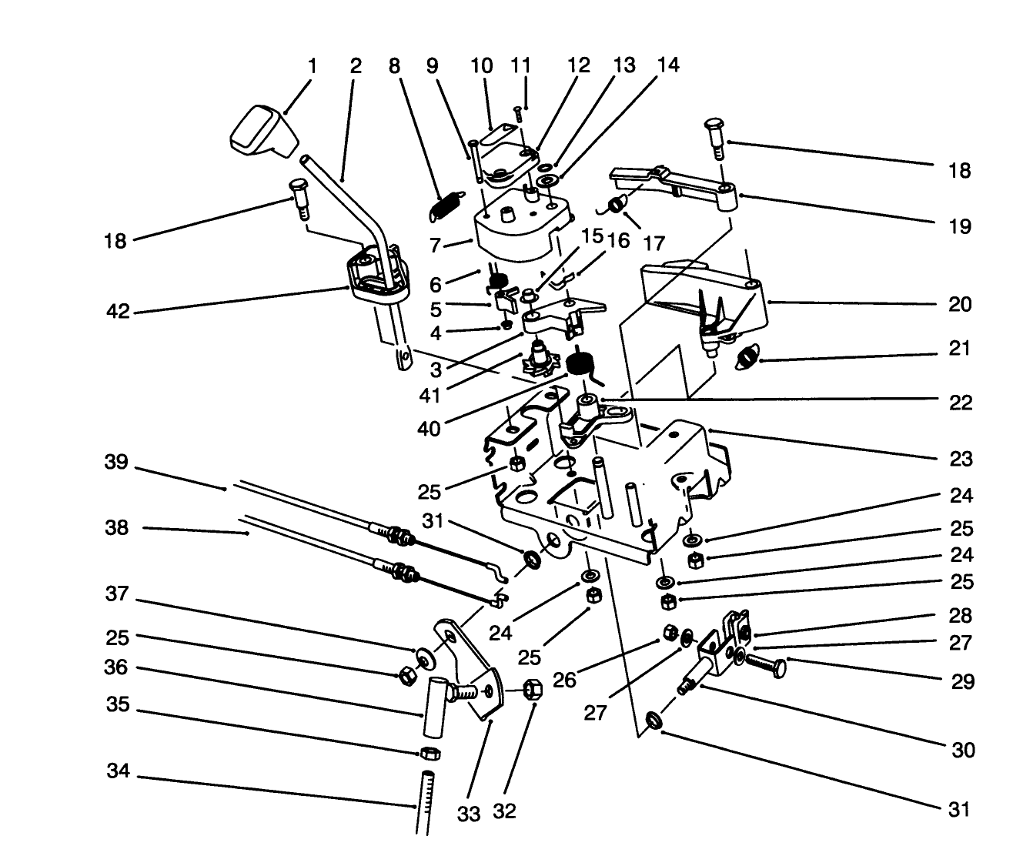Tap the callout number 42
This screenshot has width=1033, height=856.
click(x=119, y=312)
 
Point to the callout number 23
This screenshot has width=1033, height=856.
click(x=961, y=460)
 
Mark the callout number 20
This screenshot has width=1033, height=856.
click(x=960, y=305)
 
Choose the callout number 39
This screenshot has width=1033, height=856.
click(x=119, y=463)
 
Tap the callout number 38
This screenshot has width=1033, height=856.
click(x=119, y=529)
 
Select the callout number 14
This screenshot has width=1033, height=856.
click(x=668, y=65)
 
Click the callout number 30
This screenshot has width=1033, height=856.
click(x=963, y=750)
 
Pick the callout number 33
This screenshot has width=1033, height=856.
click(x=469, y=814)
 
